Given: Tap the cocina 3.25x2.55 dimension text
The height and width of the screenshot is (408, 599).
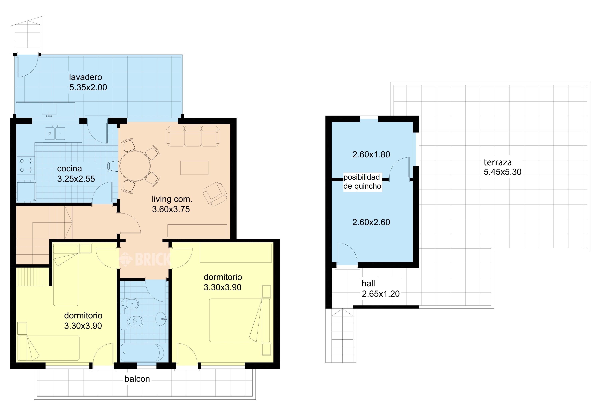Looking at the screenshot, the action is click(x=76, y=179).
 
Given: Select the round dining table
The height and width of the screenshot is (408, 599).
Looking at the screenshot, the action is click(x=135, y=166).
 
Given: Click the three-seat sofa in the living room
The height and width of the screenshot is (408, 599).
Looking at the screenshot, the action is click(x=193, y=136).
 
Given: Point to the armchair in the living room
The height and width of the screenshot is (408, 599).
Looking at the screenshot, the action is click(x=215, y=194).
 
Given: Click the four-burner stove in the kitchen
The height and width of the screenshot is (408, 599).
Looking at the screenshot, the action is click(x=26, y=166).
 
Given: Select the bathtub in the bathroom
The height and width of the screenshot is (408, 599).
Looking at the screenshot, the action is click(x=142, y=353).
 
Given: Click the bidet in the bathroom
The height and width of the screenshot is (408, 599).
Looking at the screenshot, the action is click(x=130, y=304).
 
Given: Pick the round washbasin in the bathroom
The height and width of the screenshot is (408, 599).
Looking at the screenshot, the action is click(x=161, y=319).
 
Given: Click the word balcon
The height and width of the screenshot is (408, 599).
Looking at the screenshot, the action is click(x=137, y=379).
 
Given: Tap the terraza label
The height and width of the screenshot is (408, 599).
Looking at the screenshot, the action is click(x=497, y=163).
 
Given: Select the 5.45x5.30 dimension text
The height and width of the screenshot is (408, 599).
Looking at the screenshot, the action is click(x=502, y=172).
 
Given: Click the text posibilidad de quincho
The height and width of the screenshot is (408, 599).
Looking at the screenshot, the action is click(x=362, y=182).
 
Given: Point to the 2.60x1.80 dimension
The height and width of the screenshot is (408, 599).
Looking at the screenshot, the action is click(x=371, y=155).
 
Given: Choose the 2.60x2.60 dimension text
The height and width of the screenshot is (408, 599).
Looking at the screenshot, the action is click(x=371, y=222).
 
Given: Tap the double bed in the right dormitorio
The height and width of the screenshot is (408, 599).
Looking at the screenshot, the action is click(x=240, y=320).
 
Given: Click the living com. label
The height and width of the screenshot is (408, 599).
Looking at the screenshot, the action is click(x=172, y=199).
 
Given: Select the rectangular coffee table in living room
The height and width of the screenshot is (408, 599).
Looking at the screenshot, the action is click(x=194, y=168).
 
